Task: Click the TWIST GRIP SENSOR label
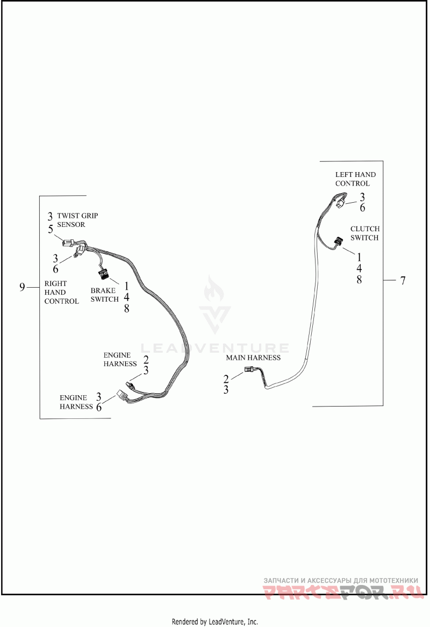click(x=77, y=220)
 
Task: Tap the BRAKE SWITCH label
click(x=104, y=295)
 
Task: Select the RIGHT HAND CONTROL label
click(x=61, y=292)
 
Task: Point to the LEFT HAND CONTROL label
click(x=355, y=179)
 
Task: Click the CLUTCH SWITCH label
click(x=364, y=233)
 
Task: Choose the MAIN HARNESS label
click(x=253, y=357)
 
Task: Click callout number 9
click(x=22, y=287)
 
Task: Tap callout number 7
click(x=403, y=280)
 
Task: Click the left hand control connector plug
click(x=340, y=204)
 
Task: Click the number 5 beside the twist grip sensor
click(x=51, y=229)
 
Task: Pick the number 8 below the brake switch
click(x=126, y=308)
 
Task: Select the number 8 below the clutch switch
click(x=359, y=280)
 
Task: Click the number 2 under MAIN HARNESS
click(x=226, y=379)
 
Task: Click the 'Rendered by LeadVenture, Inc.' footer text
click(x=215, y=622)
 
